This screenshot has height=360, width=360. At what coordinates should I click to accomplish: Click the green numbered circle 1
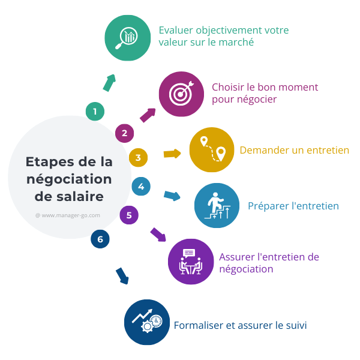tap(95, 111)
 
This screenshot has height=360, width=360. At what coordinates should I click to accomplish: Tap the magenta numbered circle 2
tap(124, 133)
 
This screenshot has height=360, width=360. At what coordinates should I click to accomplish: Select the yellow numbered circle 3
tap(138, 158)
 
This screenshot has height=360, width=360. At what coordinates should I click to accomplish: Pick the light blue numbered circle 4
tap(140, 187)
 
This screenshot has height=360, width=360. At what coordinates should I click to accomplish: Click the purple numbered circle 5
tap(129, 214)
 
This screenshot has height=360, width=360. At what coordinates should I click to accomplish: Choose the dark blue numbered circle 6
tap(100, 239)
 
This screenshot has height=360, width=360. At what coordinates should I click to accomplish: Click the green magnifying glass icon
tap(127, 37)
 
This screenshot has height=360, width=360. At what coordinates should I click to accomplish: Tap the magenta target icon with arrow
tap(181, 94)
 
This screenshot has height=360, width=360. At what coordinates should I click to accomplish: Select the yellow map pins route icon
tap(212, 149)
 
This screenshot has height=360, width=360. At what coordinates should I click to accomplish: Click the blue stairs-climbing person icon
tap(217, 206)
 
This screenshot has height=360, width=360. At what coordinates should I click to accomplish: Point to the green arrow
tap(109, 83)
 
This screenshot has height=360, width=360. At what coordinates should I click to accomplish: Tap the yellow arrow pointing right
tap(172, 154)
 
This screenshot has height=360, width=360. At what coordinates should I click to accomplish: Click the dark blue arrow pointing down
tap(122, 275)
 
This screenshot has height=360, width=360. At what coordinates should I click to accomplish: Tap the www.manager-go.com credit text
tap(67, 215)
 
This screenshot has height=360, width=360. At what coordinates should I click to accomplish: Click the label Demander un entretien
tap(294, 150)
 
